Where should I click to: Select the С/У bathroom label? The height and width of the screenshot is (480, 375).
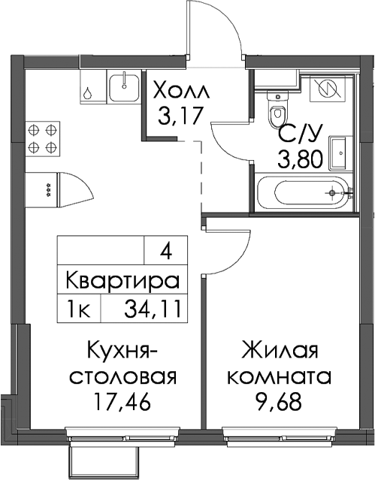tap(300, 134)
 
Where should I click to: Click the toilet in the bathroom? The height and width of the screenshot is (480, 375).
tap(278, 109)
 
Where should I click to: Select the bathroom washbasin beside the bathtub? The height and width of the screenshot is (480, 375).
tap(339, 152)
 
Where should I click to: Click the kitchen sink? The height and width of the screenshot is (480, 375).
tap(125, 86)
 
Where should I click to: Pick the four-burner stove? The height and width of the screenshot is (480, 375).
tap(42, 139)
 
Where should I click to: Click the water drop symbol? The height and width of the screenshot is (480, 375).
tap(88, 93)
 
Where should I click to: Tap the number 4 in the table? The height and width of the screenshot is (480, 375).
tap(165, 253)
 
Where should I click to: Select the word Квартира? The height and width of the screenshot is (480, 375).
tap(122, 280)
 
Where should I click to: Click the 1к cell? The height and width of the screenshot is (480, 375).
tap(78, 309)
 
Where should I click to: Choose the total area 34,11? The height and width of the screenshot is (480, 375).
tap(152, 309)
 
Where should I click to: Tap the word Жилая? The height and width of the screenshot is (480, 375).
tap(280, 350)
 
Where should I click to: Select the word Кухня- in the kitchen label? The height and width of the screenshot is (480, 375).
tap(122, 351)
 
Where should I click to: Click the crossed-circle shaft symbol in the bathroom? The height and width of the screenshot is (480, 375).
tap(328, 89)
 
